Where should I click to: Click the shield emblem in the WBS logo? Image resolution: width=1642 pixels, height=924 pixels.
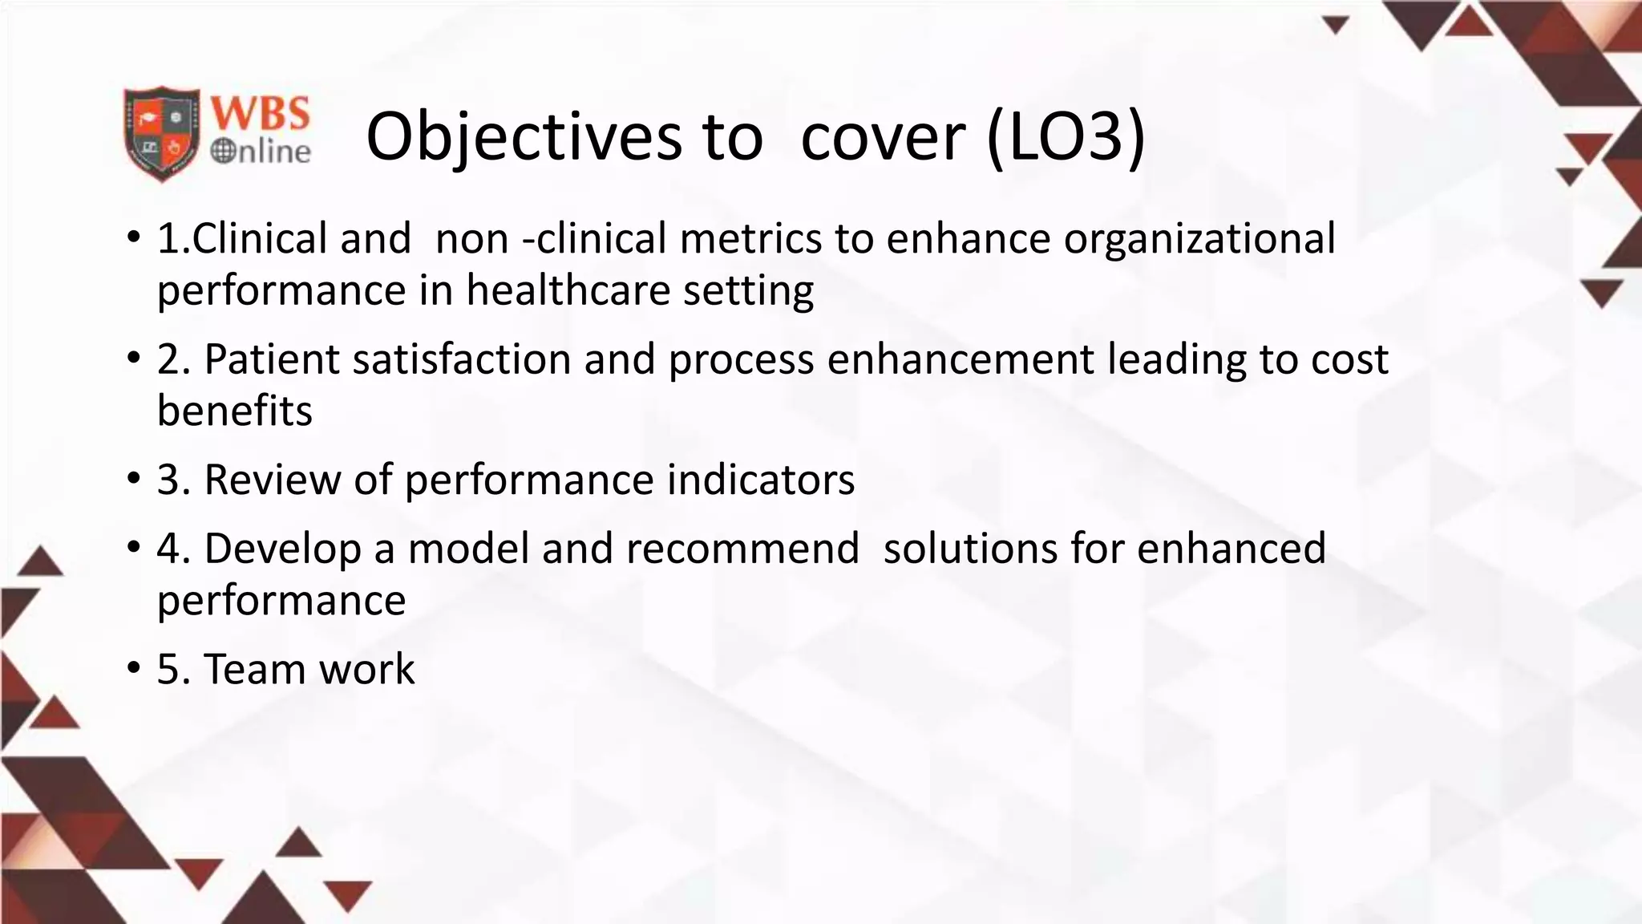(161, 133)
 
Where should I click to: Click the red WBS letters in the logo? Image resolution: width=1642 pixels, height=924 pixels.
(260, 112)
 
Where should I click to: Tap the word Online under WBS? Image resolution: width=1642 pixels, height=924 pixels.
(261, 151)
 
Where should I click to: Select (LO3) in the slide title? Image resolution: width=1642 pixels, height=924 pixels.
(1066, 136)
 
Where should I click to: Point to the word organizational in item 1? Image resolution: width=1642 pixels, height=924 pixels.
(1199, 239)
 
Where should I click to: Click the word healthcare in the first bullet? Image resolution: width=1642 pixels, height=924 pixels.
(568, 290)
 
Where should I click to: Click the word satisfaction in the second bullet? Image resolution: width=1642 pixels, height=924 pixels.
(461, 359)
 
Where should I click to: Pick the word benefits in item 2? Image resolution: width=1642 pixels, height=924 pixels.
(234, 411)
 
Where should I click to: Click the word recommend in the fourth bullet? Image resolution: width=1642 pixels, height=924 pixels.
(742, 549)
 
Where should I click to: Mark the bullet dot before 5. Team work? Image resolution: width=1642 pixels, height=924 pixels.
(133, 669)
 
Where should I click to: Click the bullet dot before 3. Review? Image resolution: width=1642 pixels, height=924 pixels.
(133, 480)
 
